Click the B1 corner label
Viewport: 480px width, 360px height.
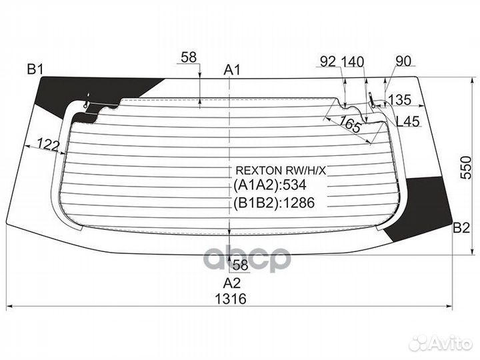[35, 69]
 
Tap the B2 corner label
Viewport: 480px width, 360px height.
[461, 228]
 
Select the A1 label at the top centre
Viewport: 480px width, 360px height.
[232, 70]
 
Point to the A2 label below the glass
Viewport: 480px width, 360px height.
[232, 283]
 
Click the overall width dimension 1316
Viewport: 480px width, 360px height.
[231, 299]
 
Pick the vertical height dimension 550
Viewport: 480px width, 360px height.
[466, 167]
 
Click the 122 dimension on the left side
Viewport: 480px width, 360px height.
[48, 145]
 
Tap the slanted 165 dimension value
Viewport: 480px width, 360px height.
[350, 124]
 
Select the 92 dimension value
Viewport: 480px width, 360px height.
[328, 61]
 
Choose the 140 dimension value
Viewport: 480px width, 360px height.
[353, 61]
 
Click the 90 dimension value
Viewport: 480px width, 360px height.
[403, 61]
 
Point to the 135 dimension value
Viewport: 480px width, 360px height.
[399, 100]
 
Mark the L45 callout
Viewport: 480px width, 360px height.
[408, 121]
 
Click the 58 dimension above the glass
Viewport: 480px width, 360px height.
[189, 57]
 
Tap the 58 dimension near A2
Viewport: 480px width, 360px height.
[240, 265]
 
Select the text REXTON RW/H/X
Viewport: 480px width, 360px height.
[281, 171]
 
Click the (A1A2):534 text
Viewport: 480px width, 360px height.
[270, 185]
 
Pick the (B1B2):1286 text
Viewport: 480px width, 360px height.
[274, 203]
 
